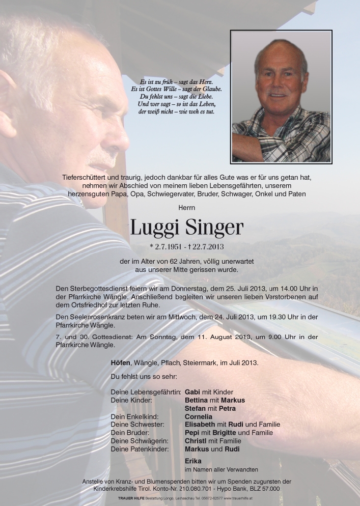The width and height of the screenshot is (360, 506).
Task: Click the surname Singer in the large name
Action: click(x=212, y=229)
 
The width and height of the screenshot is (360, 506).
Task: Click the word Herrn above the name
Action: click(x=186, y=208)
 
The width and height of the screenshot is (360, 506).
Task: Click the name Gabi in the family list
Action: click(x=192, y=392)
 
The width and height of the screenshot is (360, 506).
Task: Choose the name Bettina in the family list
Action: click(x=197, y=400)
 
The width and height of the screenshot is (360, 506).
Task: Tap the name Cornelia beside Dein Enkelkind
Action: click(x=199, y=416)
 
